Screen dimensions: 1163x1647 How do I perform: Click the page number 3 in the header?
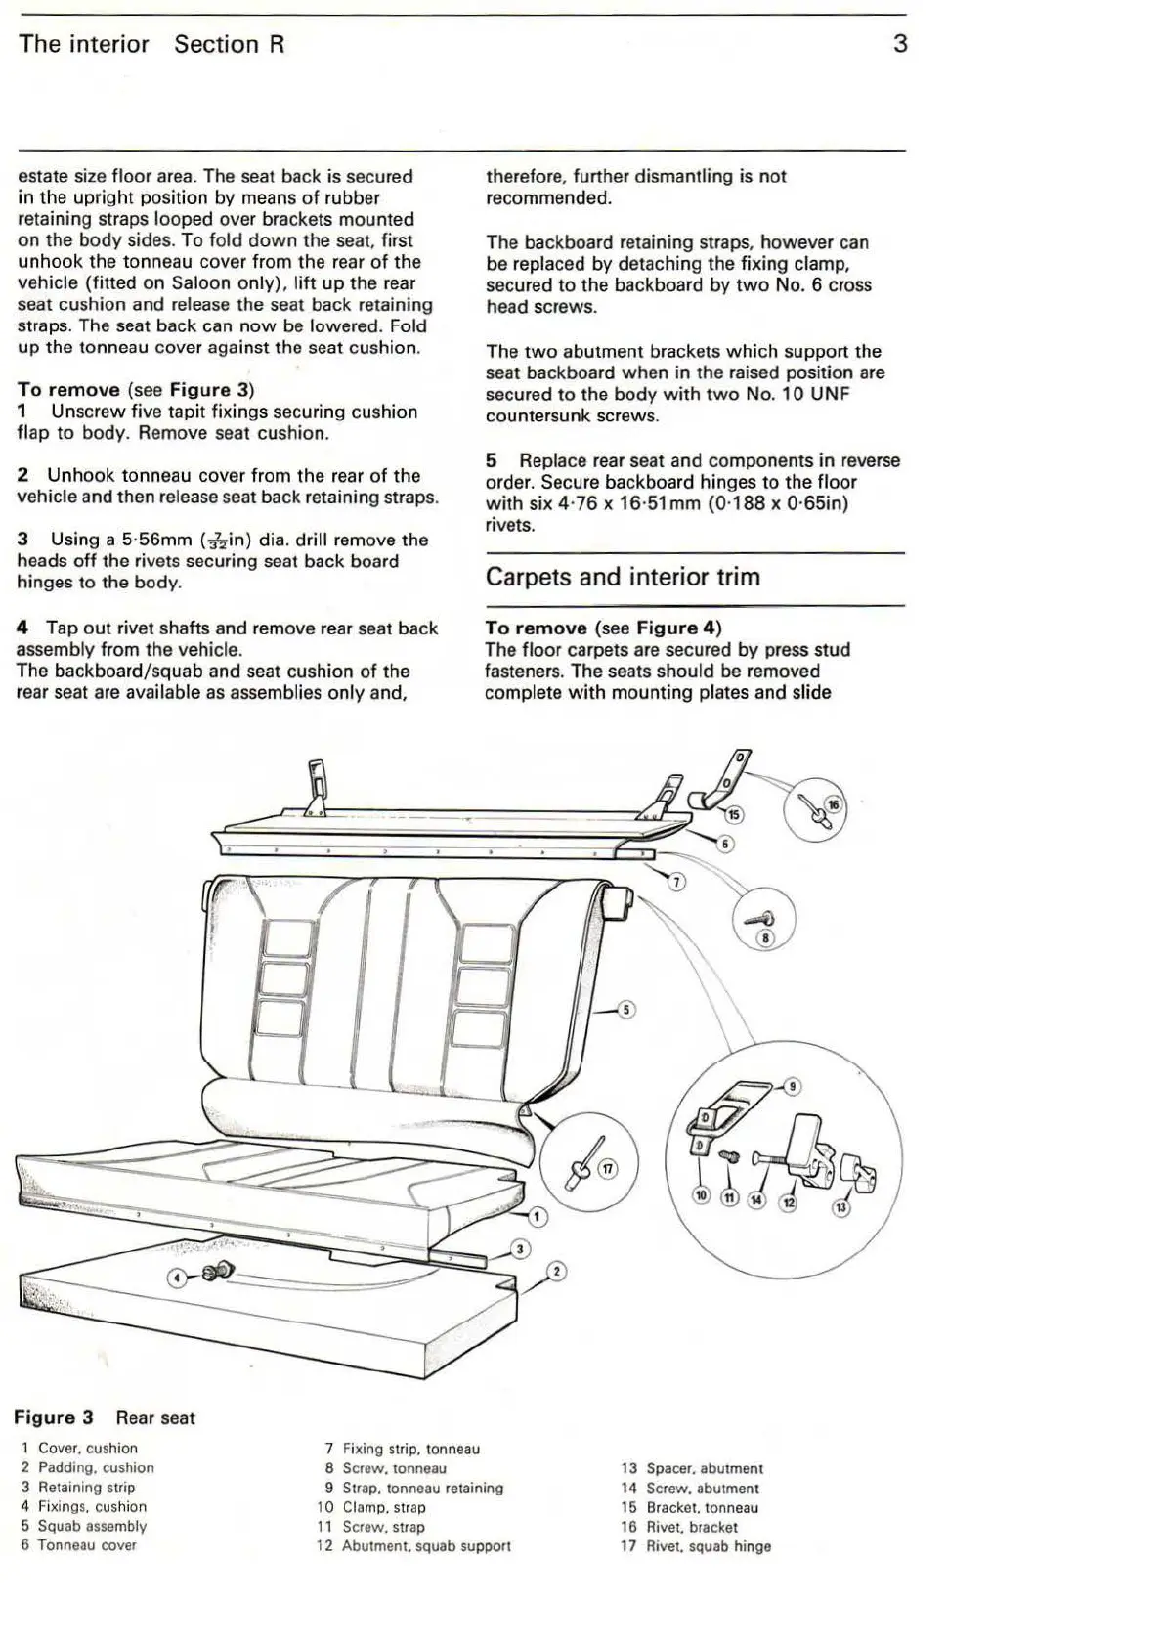pyautogui.click(x=900, y=44)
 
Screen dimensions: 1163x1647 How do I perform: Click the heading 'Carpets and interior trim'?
pyautogui.click(x=623, y=577)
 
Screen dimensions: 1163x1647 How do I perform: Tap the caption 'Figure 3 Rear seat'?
pyautogui.click(x=105, y=1417)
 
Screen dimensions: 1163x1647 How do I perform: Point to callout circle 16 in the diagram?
pyautogui.click(x=833, y=804)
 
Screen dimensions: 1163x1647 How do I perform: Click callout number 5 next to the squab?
pyautogui.click(x=627, y=1010)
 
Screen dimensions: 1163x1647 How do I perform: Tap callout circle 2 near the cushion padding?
pyautogui.click(x=556, y=1272)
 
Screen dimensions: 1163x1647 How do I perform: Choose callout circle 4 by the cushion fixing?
pyautogui.click(x=177, y=1277)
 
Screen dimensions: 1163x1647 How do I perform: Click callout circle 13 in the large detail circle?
pyautogui.click(x=840, y=1208)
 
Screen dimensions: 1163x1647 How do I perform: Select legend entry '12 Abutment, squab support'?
pyautogui.click(x=413, y=1546)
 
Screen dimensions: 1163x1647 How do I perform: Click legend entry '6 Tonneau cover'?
pyautogui.click(x=78, y=1545)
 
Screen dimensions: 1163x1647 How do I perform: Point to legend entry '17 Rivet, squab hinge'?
pyautogui.click(x=696, y=1546)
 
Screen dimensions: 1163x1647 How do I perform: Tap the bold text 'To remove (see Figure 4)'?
pyautogui.click(x=603, y=628)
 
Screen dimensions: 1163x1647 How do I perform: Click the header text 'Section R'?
pyautogui.click(x=230, y=44)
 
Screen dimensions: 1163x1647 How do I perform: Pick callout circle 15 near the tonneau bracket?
pyautogui.click(x=734, y=814)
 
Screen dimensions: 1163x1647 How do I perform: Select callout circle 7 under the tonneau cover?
pyautogui.click(x=676, y=883)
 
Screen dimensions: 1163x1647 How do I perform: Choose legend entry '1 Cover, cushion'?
pyautogui.click(x=79, y=1448)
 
